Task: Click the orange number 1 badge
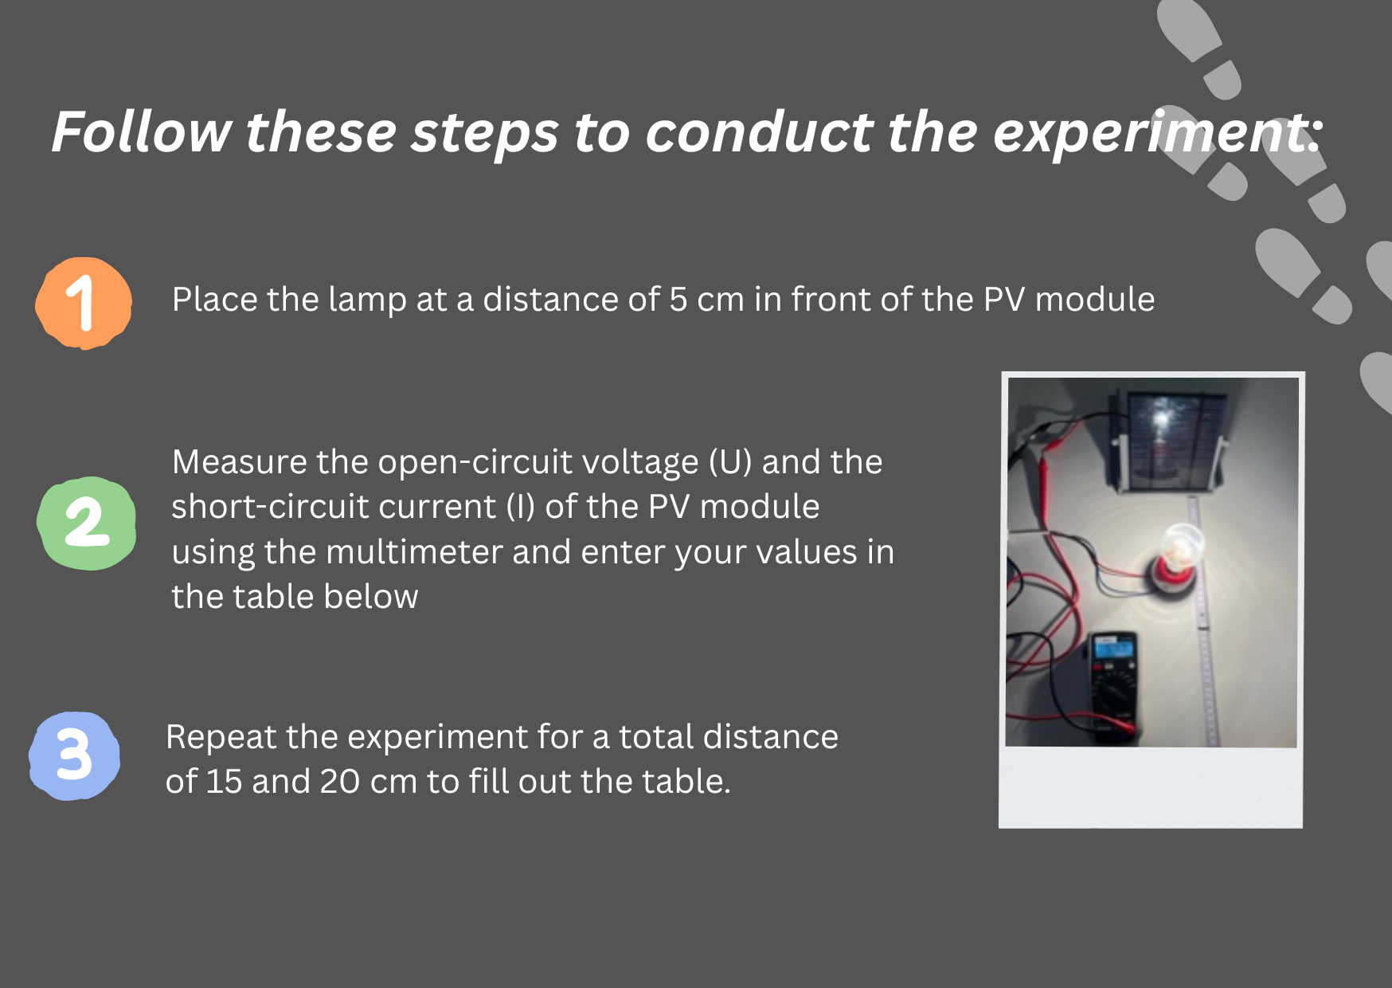tap(84, 303)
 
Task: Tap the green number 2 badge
tap(86, 523)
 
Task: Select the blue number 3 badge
tap(74, 755)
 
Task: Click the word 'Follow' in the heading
tap(142, 131)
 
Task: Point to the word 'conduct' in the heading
tap(759, 131)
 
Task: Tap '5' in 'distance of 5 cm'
tap(678, 300)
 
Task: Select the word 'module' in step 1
tap(1095, 300)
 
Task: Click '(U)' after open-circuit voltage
tap(730, 463)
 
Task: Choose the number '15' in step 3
tap(224, 782)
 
